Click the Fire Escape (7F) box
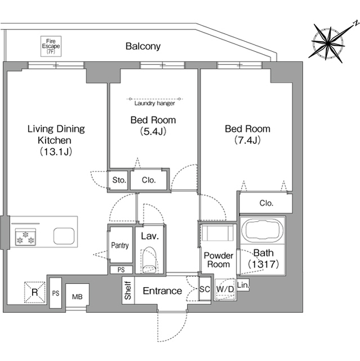pos(51,46)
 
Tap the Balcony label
pos(143,46)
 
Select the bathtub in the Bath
pos(263,230)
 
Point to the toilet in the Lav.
pos(149,260)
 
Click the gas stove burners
pos(25,237)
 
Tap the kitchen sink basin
pos(64,236)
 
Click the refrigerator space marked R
pos(35,292)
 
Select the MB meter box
pos(77,297)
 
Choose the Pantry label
pos(120,245)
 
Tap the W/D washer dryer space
pos(225,289)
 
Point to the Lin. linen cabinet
pos(243,285)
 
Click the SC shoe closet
pos(205,289)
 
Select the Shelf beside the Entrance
pos(128,290)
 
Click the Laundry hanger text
pos(154,103)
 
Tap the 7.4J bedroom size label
pos(247,140)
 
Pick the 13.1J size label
pos(56,152)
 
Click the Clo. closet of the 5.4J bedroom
pos(149,180)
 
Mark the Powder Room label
pos(219,260)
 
